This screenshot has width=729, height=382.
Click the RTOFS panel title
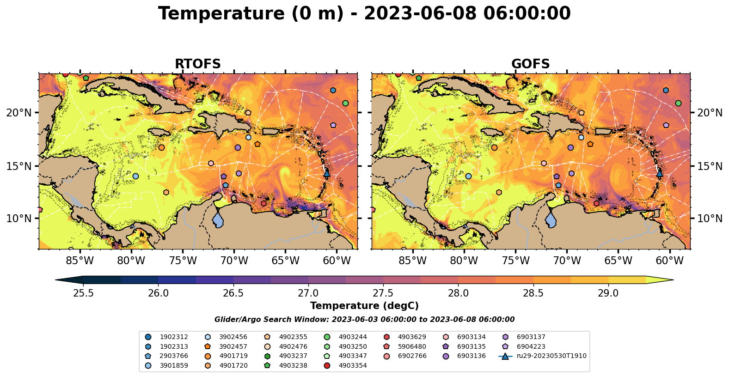[197, 64]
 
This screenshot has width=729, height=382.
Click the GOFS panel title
[530, 64]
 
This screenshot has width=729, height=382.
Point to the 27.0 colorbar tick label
[308, 294]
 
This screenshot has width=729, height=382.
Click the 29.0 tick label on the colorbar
[608, 294]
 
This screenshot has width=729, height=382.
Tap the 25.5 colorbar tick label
[83, 294]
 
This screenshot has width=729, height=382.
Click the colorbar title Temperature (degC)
[364, 306]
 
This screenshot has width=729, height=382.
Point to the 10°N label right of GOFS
[710, 218]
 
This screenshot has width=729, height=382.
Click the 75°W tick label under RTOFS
[183, 261]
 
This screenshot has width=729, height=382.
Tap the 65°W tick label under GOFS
[618, 261]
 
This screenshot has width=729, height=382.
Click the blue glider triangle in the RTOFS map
[327, 173]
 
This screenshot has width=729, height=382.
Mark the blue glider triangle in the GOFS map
[660, 173]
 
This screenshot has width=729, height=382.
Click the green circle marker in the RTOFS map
[345, 103]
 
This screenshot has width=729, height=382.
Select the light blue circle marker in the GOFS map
[468, 176]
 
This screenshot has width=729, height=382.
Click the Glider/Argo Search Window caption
[364, 320]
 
